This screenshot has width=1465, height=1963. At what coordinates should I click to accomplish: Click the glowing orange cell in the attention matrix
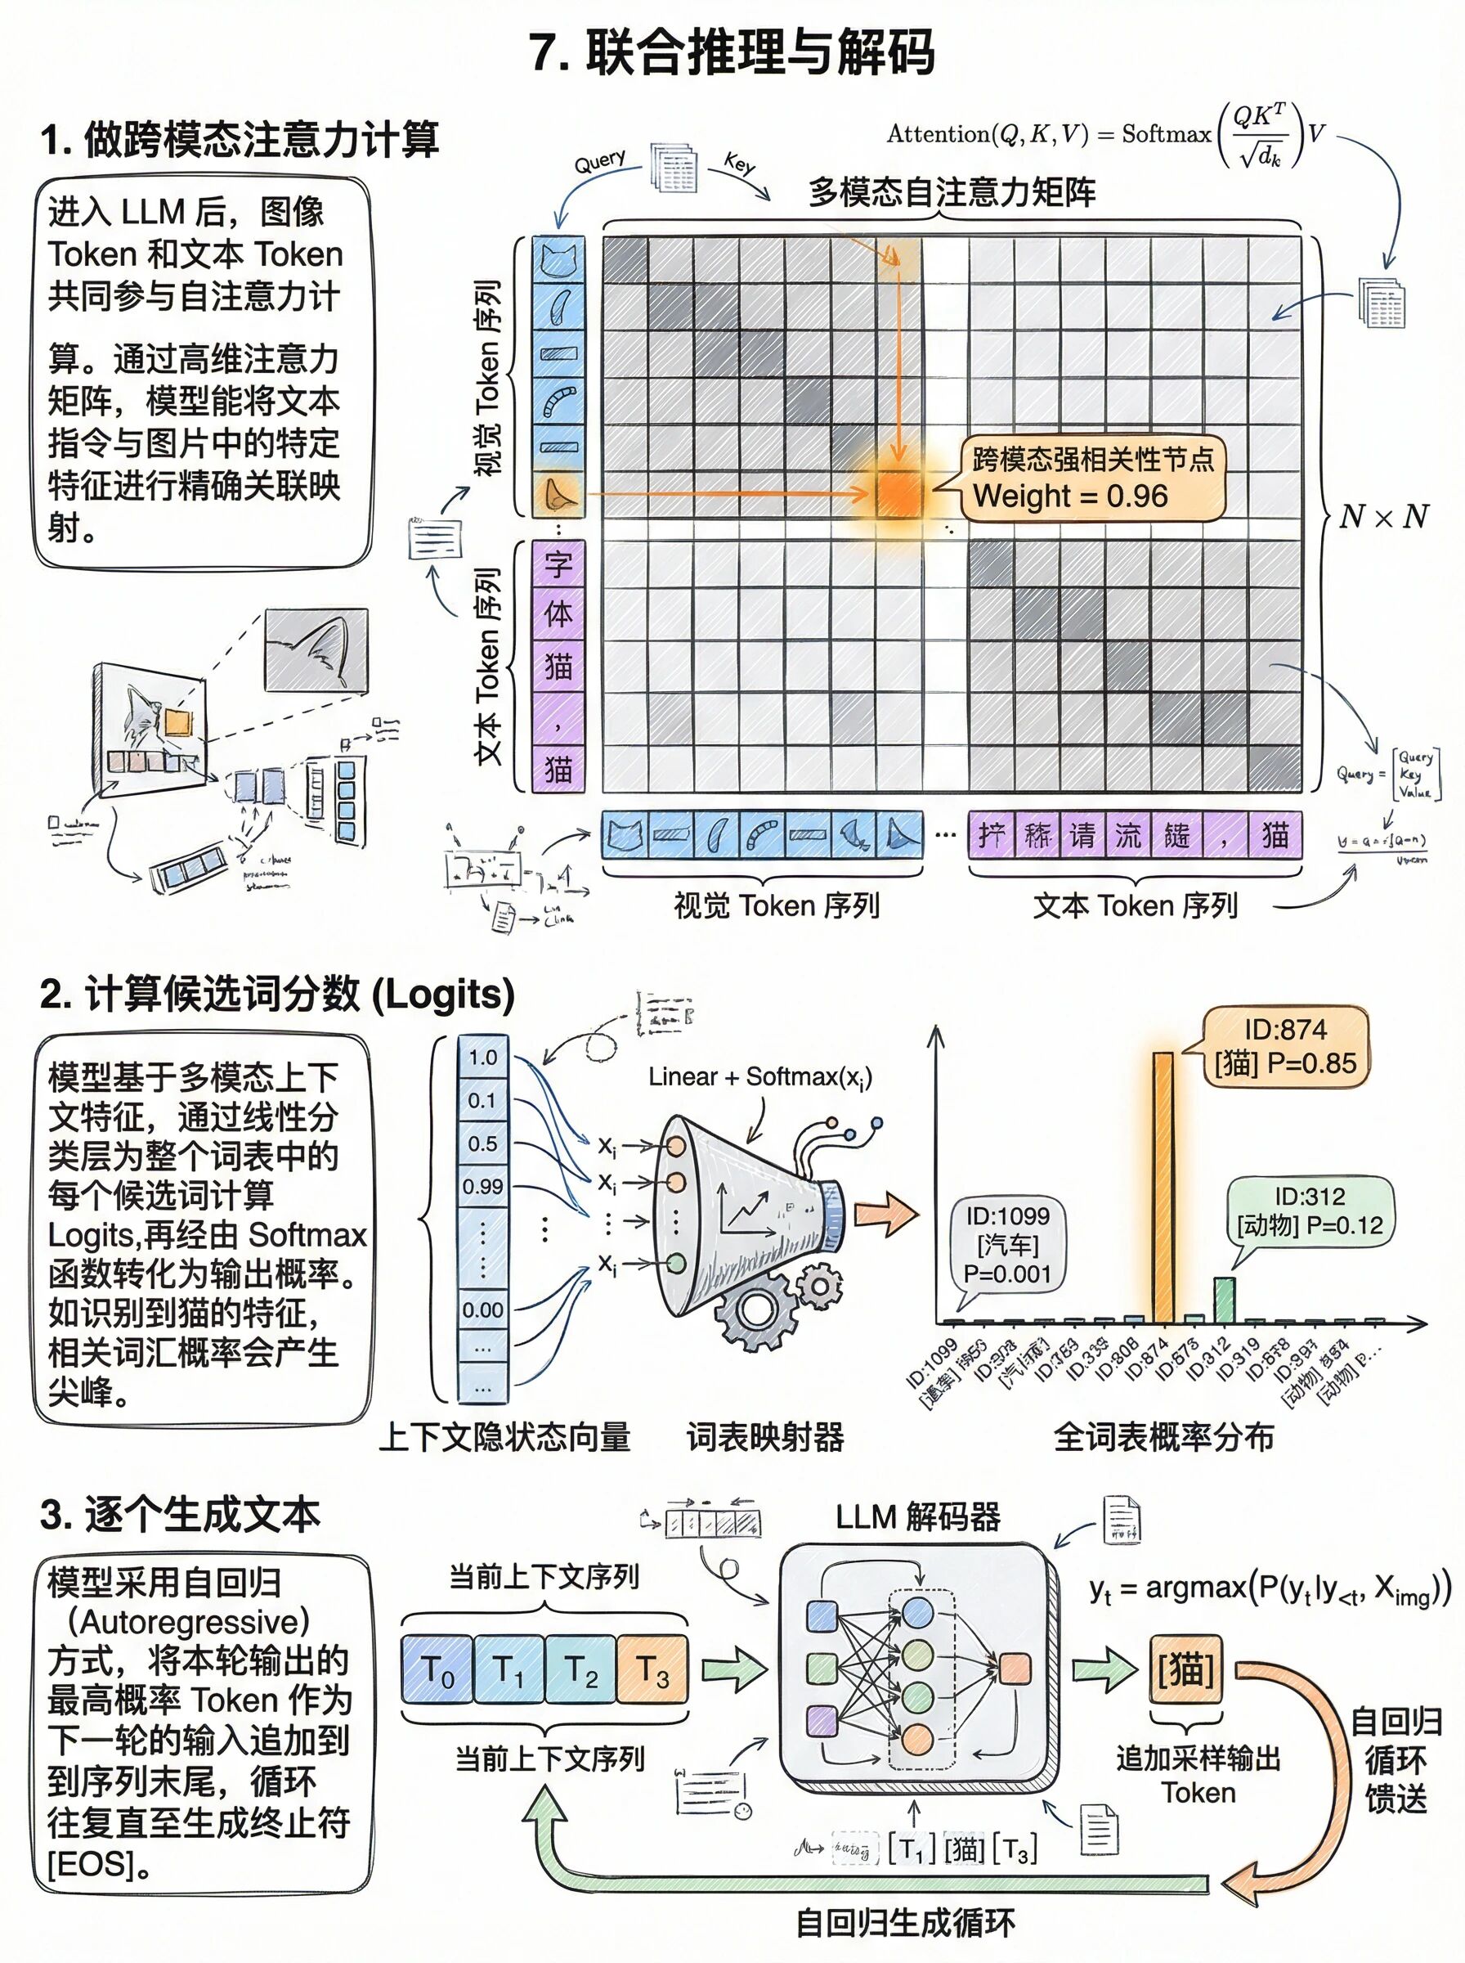pyautogui.click(x=899, y=493)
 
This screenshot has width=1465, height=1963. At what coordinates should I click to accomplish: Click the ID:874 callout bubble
pyautogui.click(x=1286, y=1047)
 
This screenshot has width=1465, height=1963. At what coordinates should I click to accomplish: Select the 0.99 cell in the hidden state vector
pyautogui.click(x=482, y=1186)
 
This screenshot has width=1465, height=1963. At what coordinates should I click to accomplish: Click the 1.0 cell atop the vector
pyautogui.click(x=482, y=1058)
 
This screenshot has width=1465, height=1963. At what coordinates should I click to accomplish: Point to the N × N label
pyautogui.click(x=1383, y=516)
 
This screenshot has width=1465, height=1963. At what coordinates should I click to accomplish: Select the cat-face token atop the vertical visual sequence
pyautogui.click(x=558, y=260)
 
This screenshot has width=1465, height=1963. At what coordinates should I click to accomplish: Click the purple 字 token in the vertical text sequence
pyautogui.click(x=558, y=564)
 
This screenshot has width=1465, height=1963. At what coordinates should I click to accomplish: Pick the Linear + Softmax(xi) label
pyautogui.click(x=760, y=1077)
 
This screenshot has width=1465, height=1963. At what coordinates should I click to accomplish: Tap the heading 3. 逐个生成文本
pyautogui.click(x=180, y=1514)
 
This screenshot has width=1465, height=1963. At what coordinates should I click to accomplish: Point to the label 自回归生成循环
pyautogui.click(x=904, y=1922)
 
